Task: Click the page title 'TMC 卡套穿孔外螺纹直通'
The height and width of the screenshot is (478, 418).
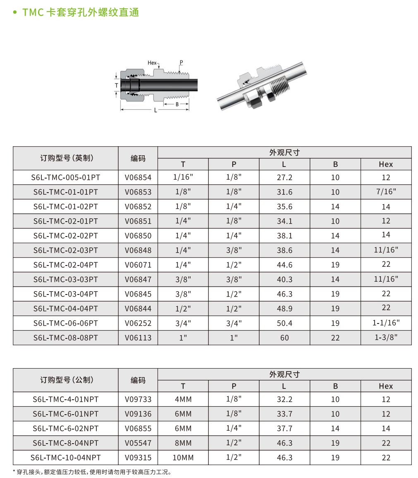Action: pyautogui.click(x=80, y=12)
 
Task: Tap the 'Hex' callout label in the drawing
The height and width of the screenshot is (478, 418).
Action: pyautogui.click(x=152, y=63)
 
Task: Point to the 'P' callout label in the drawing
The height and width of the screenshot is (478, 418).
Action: pyautogui.click(x=181, y=63)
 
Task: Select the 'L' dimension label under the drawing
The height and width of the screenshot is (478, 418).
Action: pyautogui.click(x=155, y=111)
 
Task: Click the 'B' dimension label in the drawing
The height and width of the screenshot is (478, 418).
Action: pyautogui.click(x=177, y=104)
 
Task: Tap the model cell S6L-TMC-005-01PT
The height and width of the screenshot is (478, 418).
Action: pyautogui.click(x=66, y=177)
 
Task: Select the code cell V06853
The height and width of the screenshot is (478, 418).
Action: pyautogui.click(x=138, y=192)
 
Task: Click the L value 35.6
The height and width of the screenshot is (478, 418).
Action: pyautogui.click(x=284, y=206)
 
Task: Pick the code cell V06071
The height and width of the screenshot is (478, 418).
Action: pyautogui.click(x=138, y=265)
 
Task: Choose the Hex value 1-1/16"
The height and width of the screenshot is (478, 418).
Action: pyautogui.click(x=386, y=323)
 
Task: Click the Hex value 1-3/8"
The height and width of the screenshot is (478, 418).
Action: pyautogui.click(x=386, y=337)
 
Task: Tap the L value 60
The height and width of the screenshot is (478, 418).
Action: pyautogui.click(x=284, y=338)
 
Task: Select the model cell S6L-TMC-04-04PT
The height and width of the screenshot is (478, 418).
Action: pyautogui.click(x=66, y=309)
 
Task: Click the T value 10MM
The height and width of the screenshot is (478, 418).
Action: pyautogui.click(x=183, y=458)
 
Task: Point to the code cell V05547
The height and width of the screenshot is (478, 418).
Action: pyautogui.click(x=138, y=443)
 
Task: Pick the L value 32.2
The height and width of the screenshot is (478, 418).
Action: pyautogui.click(x=284, y=399)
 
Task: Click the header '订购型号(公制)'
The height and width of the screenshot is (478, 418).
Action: pyautogui.click(x=66, y=380)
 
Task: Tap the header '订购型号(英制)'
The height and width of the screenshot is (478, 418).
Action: pyautogui.click(x=66, y=158)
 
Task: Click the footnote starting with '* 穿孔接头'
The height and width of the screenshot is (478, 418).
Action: pyautogui.click(x=92, y=471)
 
